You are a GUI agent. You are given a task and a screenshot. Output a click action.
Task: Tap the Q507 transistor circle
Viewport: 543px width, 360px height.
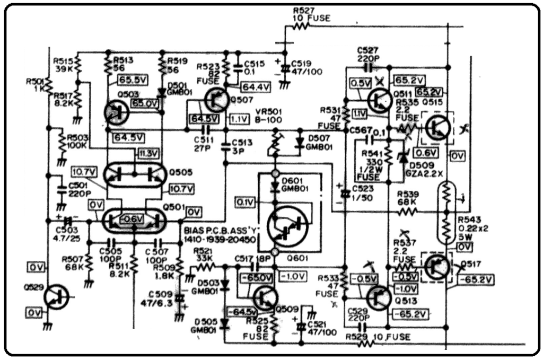(217, 100)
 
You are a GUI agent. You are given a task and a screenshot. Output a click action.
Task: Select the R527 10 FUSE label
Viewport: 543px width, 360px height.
(311, 14)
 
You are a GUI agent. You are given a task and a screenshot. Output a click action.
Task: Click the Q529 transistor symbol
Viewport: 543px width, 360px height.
(57, 297)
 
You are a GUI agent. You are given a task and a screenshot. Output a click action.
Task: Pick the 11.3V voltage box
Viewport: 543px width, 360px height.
(149, 154)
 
